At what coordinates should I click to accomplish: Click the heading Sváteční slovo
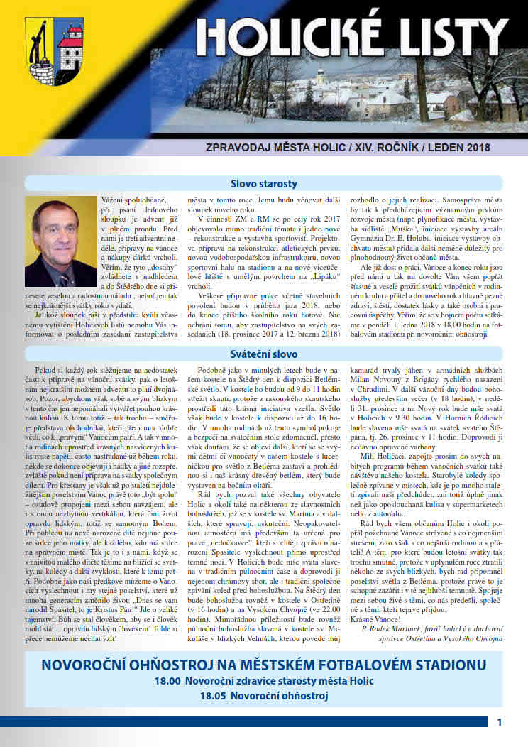264,354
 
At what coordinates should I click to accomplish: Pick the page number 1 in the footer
500,722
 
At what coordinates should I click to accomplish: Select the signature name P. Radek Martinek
397,628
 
